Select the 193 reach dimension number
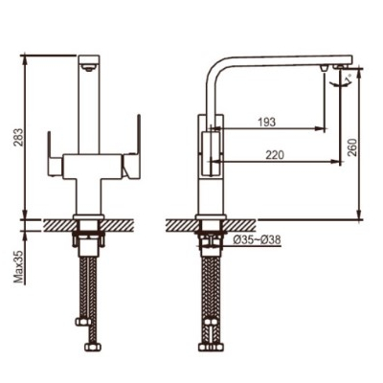tap(266, 122)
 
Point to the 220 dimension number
tap(274, 155)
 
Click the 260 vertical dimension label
tap(351, 146)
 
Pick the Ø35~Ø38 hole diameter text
tap(257, 240)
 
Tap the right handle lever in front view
tap(131, 146)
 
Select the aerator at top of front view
tap(89, 67)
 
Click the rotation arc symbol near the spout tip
tap(339, 84)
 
